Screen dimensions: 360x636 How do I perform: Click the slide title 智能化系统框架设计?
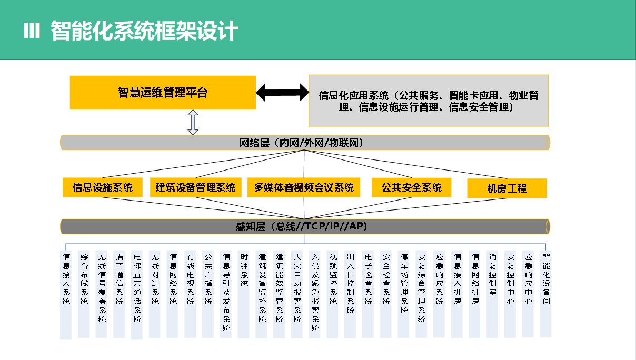[x=144, y=31]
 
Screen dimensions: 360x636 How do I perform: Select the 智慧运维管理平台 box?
[x=163, y=93]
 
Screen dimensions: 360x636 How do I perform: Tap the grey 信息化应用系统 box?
[x=428, y=101]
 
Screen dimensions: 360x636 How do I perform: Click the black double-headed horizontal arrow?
[x=282, y=93]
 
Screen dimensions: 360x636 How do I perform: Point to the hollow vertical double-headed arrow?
[x=193, y=122]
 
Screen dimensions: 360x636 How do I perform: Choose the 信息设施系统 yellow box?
[x=103, y=187]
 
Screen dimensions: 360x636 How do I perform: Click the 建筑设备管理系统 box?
[x=195, y=187]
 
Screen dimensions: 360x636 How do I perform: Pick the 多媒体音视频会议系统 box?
[x=304, y=187]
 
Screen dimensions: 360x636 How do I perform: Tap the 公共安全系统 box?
[x=412, y=187]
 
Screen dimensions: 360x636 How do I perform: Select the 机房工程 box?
[x=507, y=188]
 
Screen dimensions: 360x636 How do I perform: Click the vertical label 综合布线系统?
[x=84, y=279]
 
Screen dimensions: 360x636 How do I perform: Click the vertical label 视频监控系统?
[x=333, y=279]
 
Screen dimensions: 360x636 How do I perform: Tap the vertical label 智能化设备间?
[x=546, y=279]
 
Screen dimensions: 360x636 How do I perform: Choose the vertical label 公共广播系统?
[x=208, y=279]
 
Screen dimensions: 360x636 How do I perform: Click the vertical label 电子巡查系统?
[x=369, y=279]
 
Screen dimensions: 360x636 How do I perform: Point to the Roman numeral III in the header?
[x=32, y=32]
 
